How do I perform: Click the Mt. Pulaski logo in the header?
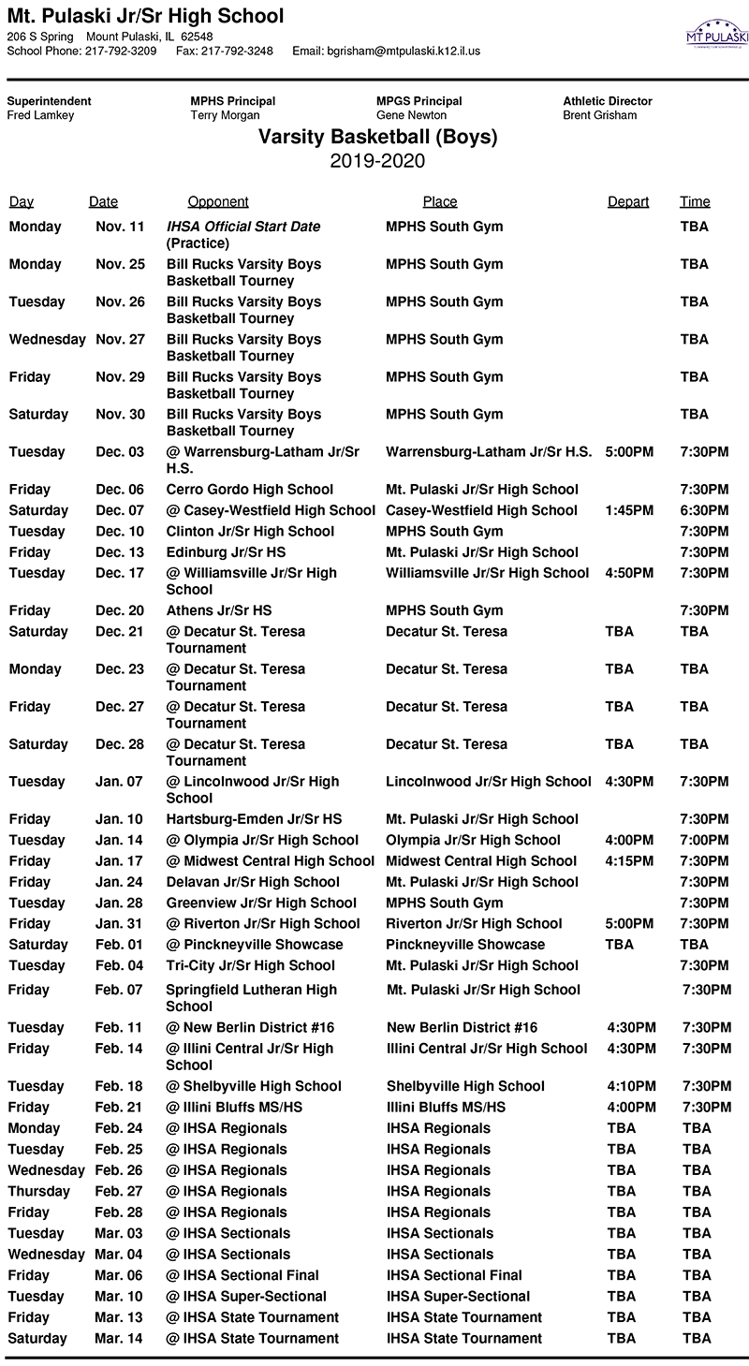coord(717,35)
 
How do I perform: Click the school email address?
coord(403,51)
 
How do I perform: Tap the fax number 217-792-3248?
coord(224,51)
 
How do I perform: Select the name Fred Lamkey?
coord(40,115)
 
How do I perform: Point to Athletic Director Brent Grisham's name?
coord(600,115)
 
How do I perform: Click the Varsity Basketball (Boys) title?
coord(377,138)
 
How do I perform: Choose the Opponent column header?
coord(218,201)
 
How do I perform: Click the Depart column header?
coord(628,201)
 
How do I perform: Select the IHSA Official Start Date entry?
coord(243,227)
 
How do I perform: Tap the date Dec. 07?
coord(121,510)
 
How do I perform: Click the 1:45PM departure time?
coord(630,510)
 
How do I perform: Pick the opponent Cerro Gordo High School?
coord(250,489)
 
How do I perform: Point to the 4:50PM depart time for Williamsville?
coord(630,573)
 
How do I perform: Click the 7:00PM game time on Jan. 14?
coord(704,840)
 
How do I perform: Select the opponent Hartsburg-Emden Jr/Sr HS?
coord(255,819)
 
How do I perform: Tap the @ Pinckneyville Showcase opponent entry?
coord(255,945)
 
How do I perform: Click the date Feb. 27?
coord(119,1191)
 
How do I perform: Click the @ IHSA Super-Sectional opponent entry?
coord(246,1297)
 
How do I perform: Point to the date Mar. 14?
coord(119,1339)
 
